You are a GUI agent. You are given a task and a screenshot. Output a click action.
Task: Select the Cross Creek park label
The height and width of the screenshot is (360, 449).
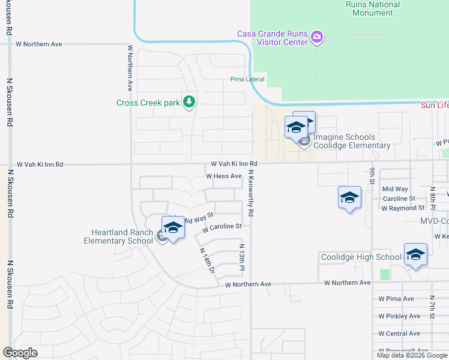coord(148,103)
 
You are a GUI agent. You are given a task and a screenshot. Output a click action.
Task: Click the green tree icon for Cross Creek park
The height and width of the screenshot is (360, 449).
coord(190,102)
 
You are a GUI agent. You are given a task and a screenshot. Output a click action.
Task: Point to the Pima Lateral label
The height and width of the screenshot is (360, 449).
coord(247,79)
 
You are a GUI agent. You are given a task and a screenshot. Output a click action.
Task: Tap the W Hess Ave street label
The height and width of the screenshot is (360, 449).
coord(223,176)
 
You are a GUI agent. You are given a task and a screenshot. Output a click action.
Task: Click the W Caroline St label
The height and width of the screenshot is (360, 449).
coord(221,227)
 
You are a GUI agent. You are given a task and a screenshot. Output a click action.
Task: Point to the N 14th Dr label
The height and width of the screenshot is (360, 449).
coord(207,262)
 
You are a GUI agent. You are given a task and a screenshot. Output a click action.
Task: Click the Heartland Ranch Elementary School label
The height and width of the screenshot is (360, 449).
coord(122,236)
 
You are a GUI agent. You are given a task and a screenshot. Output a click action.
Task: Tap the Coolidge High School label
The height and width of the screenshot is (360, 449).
coord(361,257)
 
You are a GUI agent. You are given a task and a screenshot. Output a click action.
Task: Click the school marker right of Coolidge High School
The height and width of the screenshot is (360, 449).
coord(415,255)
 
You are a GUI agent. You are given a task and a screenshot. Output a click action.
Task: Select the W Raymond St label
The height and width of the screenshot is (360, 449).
coord(402,208)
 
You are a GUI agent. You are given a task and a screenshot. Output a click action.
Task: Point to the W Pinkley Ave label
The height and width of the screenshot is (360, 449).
coord(399,316)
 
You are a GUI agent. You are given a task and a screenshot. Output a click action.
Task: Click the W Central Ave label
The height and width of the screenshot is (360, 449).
coord(399,334)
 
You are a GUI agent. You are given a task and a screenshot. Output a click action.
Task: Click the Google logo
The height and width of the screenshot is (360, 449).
coord(20,353)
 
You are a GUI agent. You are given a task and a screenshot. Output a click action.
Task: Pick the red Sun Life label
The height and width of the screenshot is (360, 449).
coord(434,105)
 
